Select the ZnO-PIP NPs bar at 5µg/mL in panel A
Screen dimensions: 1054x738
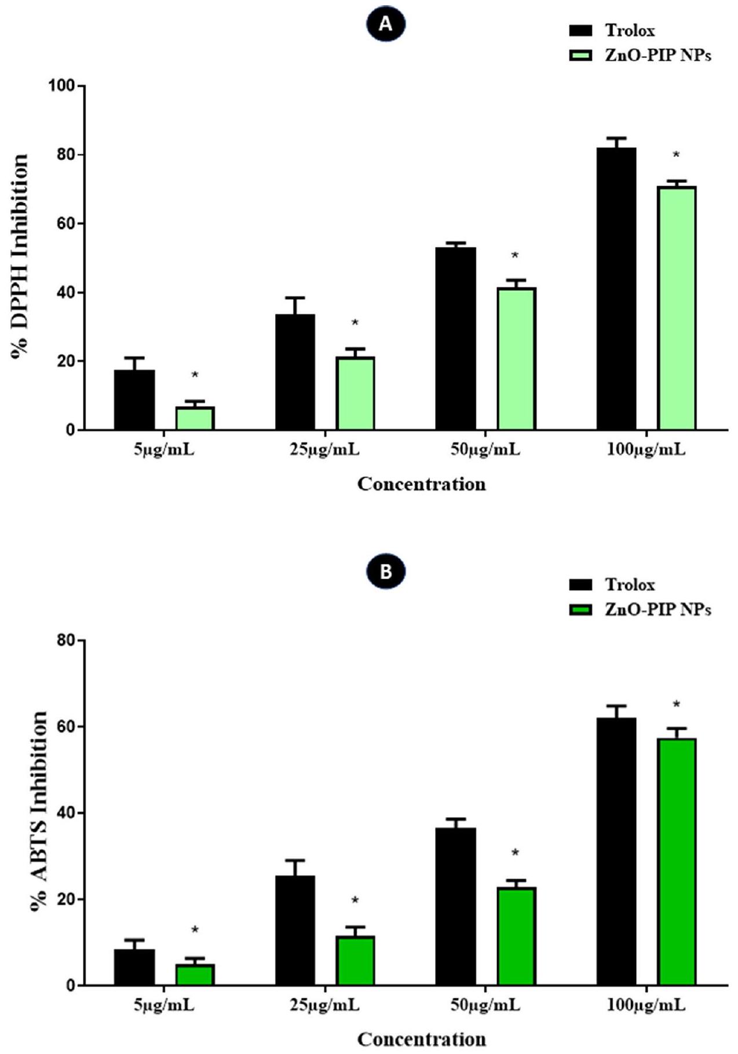(x=195, y=418)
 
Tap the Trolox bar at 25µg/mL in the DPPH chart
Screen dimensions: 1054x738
(x=295, y=372)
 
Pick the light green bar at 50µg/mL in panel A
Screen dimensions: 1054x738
(x=516, y=358)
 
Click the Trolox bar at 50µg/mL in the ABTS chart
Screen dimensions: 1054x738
(x=456, y=906)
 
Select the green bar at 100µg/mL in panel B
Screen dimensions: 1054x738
(x=677, y=862)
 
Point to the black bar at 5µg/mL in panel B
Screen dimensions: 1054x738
(x=134, y=967)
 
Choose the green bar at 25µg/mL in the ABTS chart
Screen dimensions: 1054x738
(x=356, y=960)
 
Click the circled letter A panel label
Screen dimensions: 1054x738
(x=386, y=24)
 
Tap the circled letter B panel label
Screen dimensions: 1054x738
(x=386, y=572)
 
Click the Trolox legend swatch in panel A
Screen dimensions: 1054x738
(x=581, y=31)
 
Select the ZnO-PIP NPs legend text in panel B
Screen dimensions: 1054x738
(x=658, y=609)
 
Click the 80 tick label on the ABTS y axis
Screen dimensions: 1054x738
(x=66, y=641)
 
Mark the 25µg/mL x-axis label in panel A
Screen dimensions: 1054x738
(x=324, y=449)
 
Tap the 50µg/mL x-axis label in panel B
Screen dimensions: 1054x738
(x=485, y=1005)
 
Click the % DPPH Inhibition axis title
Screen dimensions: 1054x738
(x=20, y=257)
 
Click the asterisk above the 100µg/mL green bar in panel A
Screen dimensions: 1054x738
(x=676, y=155)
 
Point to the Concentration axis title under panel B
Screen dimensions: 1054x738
(x=421, y=1039)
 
